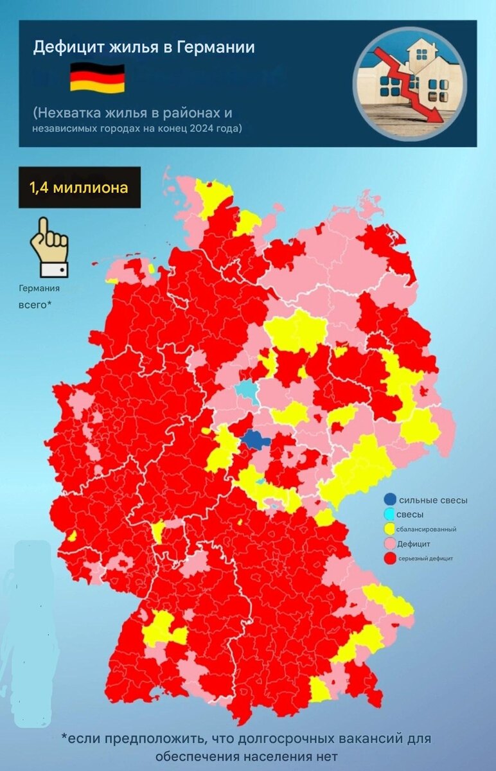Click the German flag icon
(x=97, y=78)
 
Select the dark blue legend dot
(x=389, y=500)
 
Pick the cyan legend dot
(x=389, y=515)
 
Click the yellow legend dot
(x=389, y=529)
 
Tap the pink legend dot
(x=389, y=544)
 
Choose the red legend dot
(x=389, y=559)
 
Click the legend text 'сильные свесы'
(x=433, y=500)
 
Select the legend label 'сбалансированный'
(x=427, y=529)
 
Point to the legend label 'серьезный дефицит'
(x=425, y=559)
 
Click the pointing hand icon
(x=49, y=247)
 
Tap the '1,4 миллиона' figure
(x=79, y=188)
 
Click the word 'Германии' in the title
(x=220, y=47)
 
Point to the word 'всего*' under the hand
(x=35, y=303)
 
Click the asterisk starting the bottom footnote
(x=64, y=736)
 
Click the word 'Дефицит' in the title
(x=64, y=47)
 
